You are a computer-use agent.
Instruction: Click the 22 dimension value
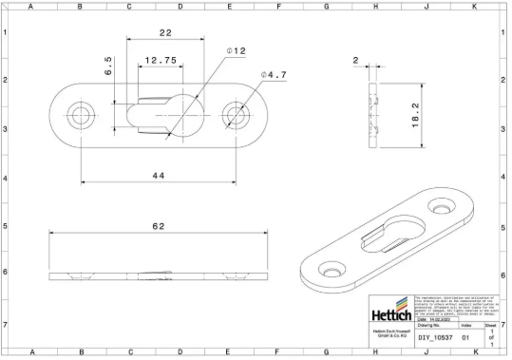click(165, 33)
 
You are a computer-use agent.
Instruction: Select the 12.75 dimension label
click(158, 60)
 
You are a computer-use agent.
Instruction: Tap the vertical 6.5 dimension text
click(109, 66)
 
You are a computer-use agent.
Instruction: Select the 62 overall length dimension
click(158, 226)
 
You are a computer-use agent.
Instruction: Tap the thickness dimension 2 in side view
click(355, 60)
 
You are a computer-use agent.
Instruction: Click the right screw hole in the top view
click(234, 115)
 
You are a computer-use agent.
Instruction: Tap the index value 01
click(465, 336)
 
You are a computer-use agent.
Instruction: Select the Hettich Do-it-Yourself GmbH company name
click(390, 333)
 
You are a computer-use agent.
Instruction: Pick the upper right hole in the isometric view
click(441, 206)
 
